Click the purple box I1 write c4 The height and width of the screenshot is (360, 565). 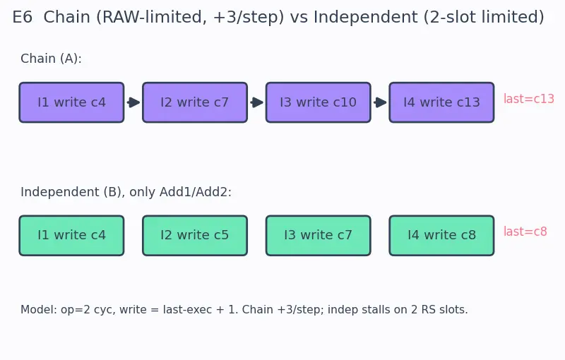72,102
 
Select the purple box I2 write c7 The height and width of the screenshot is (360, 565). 195,102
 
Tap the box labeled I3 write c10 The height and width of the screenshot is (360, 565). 319,102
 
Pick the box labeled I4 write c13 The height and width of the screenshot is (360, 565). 442,102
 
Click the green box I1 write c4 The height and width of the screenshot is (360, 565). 72,236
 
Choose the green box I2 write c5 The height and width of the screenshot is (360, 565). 195,236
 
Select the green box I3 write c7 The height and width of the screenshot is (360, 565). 319,236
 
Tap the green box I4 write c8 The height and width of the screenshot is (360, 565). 442,236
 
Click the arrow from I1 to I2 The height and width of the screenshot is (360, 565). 133,102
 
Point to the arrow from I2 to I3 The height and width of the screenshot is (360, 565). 256,102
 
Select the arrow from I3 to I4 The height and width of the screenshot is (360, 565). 380,102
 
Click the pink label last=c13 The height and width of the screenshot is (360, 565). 528,99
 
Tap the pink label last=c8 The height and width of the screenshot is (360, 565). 525,232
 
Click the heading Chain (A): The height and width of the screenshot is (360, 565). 51,59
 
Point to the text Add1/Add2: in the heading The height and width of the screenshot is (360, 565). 196,192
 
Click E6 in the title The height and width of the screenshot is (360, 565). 23,17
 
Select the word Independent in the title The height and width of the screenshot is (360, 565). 365,17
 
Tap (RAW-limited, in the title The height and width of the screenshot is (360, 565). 151,17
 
